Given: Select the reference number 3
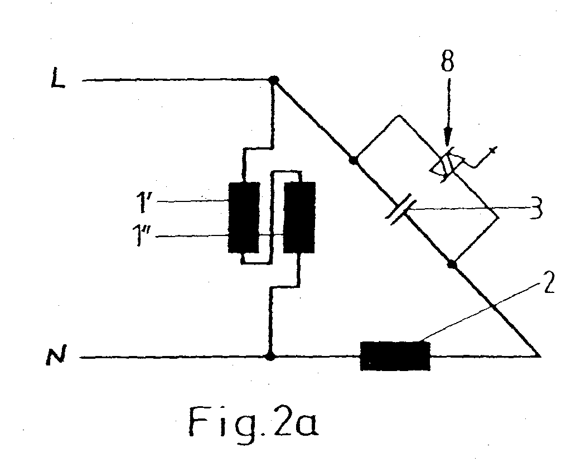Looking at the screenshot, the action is pyautogui.click(x=535, y=209).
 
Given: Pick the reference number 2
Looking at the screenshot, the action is pyautogui.click(x=549, y=282).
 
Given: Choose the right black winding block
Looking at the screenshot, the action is pyautogui.click(x=299, y=217).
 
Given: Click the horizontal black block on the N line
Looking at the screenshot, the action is pyautogui.click(x=395, y=355).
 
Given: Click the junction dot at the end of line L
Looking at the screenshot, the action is pyautogui.click(x=273, y=79).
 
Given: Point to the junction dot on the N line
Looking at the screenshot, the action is pyautogui.click(x=270, y=356).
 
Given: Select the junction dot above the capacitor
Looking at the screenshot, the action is pyautogui.click(x=353, y=160).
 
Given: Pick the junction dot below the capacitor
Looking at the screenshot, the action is pyautogui.click(x=452, y=264).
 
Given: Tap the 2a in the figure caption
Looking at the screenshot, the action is pyautogui.click(x=296, y=422).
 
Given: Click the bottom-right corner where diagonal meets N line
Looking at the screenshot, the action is pyautogui.click(x=539, y=355).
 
